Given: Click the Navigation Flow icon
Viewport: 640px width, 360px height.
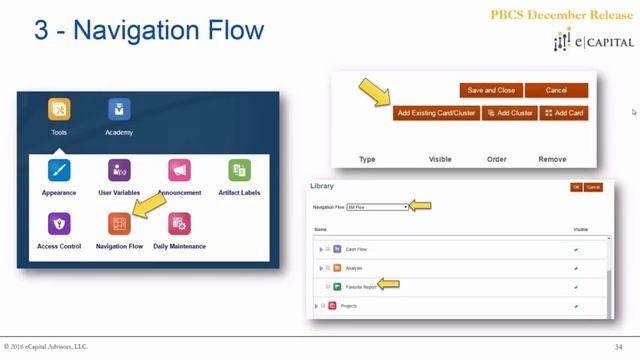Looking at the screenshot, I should (119, 224).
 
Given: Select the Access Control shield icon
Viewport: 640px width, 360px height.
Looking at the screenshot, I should (59, 224).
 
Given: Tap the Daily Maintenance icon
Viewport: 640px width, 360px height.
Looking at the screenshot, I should (180, 224).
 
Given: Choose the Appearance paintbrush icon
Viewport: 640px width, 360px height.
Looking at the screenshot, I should (59, 170).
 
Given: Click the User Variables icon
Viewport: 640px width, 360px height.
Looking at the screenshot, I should (119, 170).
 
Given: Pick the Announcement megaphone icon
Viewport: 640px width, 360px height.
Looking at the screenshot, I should (180, 170).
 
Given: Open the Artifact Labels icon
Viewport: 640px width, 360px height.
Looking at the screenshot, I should (239, 170).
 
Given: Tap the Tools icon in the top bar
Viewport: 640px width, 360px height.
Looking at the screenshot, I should (59, 110).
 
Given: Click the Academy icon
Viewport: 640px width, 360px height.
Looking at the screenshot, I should (119, 110).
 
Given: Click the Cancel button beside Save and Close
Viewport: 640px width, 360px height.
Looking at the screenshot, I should (556, 90).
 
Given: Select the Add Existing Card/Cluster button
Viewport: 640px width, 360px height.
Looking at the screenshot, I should (436, 113).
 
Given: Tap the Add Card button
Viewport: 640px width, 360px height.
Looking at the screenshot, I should (564, 113).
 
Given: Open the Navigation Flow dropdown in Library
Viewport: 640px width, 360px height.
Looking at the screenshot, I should (377, 207).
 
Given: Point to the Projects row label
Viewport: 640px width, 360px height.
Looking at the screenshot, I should (348, 306).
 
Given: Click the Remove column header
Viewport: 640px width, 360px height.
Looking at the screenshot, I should (552, 159).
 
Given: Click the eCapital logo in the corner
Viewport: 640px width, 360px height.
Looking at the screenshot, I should (593, 42).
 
